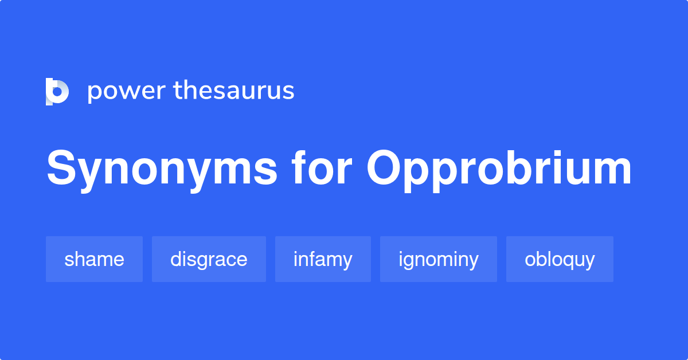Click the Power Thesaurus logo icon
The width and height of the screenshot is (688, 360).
(57, 91)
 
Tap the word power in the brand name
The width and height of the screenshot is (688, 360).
(126, 91)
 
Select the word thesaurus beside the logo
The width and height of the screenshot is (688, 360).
(234, 91)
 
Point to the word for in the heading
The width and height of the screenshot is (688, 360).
(322, 170)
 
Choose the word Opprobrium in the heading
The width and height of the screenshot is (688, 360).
(499, 170)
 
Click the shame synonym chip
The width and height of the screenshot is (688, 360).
(94, 259)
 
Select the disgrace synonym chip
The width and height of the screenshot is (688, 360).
(209, 259)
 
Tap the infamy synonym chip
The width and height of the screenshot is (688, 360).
(323, 259)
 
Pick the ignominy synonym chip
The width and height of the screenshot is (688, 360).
(439, 259)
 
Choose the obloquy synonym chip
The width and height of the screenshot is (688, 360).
(560, 259)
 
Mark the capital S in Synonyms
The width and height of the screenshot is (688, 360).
(61, 170)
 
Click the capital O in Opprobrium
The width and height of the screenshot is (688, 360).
(385, 170)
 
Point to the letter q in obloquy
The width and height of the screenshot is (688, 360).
(567, 261)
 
